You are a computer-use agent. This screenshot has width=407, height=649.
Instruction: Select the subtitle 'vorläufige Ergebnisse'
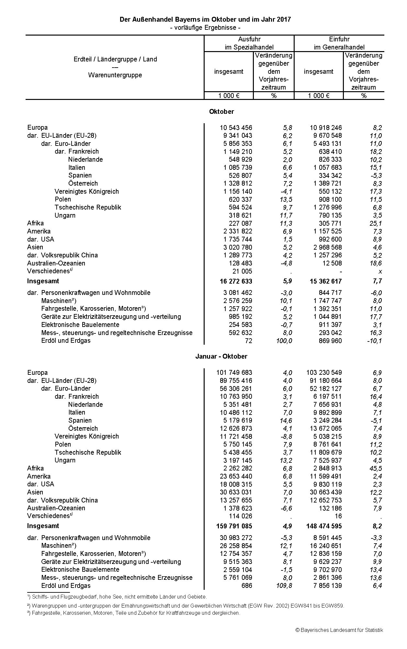(x=205, y=27)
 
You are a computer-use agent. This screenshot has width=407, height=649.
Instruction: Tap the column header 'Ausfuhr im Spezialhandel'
(x=249, y=43)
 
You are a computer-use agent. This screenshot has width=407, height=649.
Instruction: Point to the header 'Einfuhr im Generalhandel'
(x=339, y=43)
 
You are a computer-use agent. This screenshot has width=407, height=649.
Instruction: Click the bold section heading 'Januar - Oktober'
(x=221, y=356)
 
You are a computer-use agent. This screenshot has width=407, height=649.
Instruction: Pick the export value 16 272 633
(x=236, y=281)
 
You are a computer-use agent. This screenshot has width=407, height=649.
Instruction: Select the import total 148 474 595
(x=324, y=526)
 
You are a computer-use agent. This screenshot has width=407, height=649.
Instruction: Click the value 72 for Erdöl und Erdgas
(x=248, y=341)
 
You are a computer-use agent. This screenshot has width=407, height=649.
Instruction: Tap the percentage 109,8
(x=284, y=586)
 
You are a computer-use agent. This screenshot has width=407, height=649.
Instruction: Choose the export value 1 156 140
(x=236, y=191)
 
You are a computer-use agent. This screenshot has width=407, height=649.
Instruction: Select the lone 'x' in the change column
(x=380, y=272)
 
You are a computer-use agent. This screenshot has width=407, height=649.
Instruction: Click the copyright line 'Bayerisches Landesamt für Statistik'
(x=339, y=630)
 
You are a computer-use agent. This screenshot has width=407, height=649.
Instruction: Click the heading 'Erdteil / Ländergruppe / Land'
(x=115, y=59)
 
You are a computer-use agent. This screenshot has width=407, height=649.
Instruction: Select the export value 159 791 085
(x=234, y=526)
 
